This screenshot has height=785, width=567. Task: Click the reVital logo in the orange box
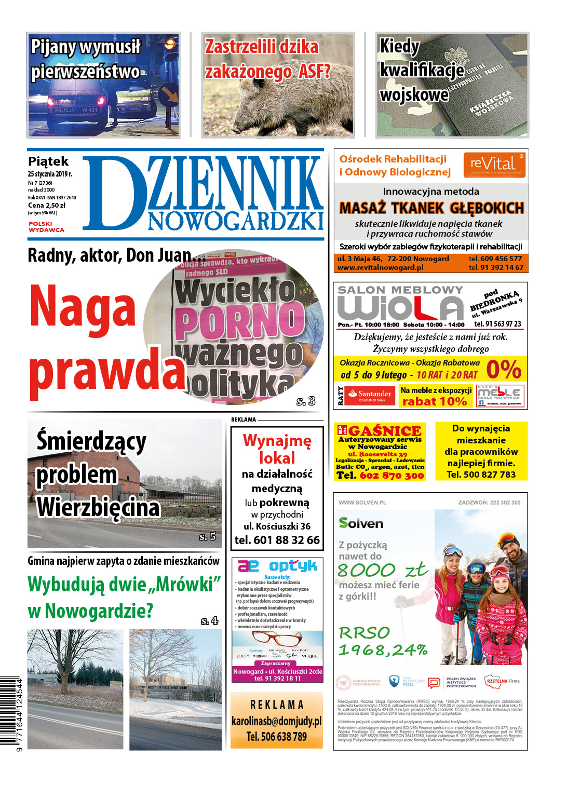click(x=494, y=165)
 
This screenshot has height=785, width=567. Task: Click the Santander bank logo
click(x=372, y=396)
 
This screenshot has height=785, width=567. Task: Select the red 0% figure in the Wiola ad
click(x=504, y=369)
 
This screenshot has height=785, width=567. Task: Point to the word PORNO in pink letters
click(x=240, y=319)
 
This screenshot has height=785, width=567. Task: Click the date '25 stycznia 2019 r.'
click(x=50, y=174)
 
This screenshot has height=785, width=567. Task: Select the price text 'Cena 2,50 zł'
click(x=47, y=205)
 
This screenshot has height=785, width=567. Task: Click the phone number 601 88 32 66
click(x=277, y=540)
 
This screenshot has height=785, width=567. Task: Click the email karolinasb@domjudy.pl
click(x=277, y=721)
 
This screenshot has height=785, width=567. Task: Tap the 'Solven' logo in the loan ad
click(x=361, y=523)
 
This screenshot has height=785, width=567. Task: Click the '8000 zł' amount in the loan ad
click(x=383, y=570)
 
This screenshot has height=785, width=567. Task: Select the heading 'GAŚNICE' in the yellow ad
click(x=384, y=431)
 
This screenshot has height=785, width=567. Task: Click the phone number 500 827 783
click(x=481, y=475)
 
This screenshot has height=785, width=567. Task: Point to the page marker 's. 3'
click(x=306, y=401)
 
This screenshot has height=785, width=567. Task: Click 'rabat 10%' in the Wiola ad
click(x=435, y=401)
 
